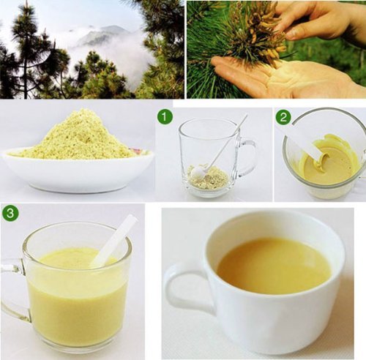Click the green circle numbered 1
click(165, 117)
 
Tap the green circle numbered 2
click(283, 117)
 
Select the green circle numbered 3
click(11, 213)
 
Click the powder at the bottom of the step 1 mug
click(207, 177)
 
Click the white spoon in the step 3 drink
click(114, 241)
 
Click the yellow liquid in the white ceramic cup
click(274, 266)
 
